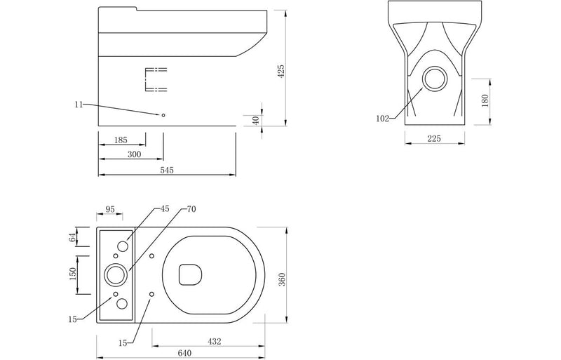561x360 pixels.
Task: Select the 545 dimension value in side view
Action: click(x=166, y=170)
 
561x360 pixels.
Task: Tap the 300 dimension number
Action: click(x=134, y=154)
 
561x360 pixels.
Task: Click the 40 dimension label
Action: click(x=257, y=120)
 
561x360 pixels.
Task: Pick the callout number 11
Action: click(x=79, y=105)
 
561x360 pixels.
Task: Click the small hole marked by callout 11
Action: click(x=163, y=115)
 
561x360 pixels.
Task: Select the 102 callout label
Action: click(x=382, y=119)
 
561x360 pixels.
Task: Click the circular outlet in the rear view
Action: click(x=435, y=79)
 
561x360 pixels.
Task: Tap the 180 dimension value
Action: click(x=485, y=101)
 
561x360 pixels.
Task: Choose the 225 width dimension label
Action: click(x=433, y=139)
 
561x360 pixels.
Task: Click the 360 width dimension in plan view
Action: click(x=281, y=279)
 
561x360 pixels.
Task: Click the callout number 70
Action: click(x=191, y=209)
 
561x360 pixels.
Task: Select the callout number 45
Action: click(x=165, y=209)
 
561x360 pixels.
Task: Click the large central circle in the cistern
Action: click(x=116, y=274)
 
